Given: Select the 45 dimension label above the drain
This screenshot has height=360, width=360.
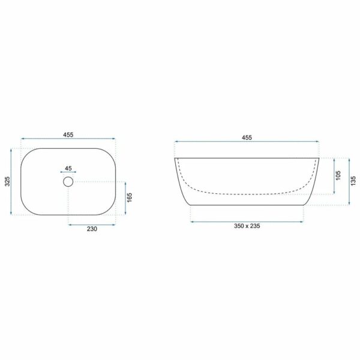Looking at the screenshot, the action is pos(68,168).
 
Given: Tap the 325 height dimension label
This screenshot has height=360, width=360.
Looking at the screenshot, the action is pos(7,181).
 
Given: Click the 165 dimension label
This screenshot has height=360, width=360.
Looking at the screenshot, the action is pos(130,197).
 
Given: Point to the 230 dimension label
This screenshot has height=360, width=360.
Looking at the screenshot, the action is pos(92,229).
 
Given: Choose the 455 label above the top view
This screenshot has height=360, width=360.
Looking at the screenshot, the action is pos(68,135).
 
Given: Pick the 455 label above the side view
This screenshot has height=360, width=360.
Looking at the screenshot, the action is pos(247,137).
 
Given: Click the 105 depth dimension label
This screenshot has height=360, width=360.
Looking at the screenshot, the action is pos(338,176).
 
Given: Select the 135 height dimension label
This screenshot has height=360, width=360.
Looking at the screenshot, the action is pos(353,181).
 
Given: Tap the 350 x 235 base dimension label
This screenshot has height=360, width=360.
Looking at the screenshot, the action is pos(247,226).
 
